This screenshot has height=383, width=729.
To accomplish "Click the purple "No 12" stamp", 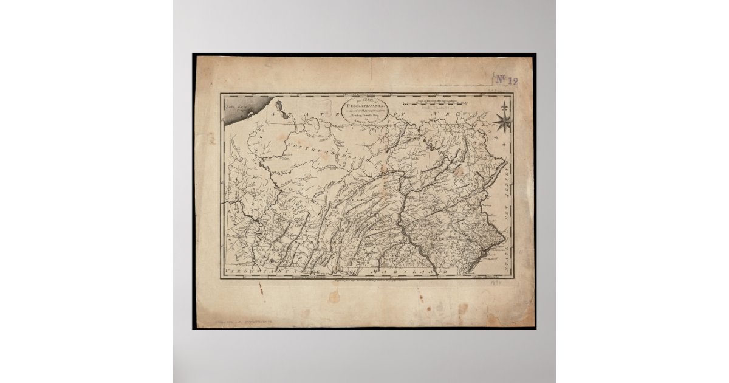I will (504, 78).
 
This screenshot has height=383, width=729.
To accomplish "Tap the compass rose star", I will (503, 123).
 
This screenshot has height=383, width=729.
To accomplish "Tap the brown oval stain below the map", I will (334, 296).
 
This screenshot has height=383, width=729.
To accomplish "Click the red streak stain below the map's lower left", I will (261, 288).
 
